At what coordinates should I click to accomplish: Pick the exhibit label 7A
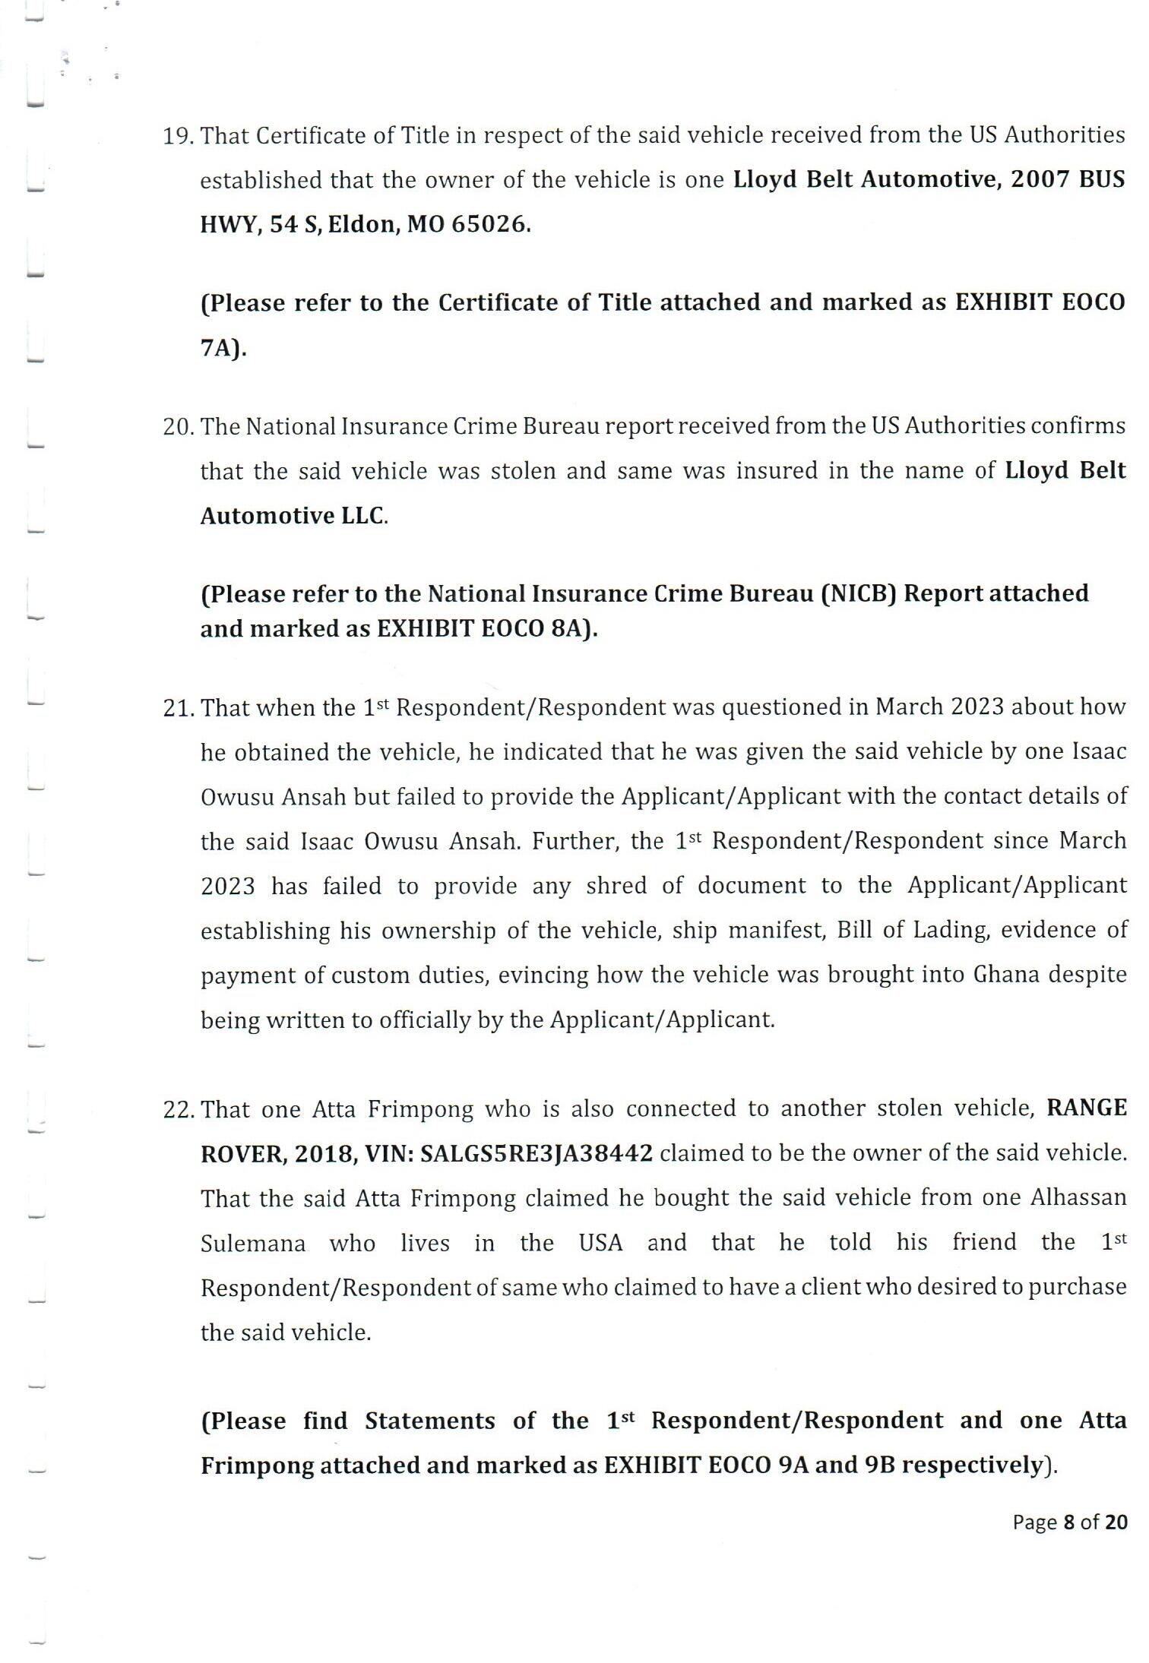click(x=220, y=348)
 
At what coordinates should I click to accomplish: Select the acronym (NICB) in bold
click(x=859, y=593)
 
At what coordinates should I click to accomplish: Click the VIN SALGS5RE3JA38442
click(x=537, y=1153)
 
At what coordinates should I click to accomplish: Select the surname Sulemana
click(x=253, y=1244)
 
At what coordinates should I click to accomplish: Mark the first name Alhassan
click(x=1078, y=1198)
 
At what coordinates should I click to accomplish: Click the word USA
click(x=600, y=1243)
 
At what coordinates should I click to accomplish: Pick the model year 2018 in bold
click(x=321, y=1153)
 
